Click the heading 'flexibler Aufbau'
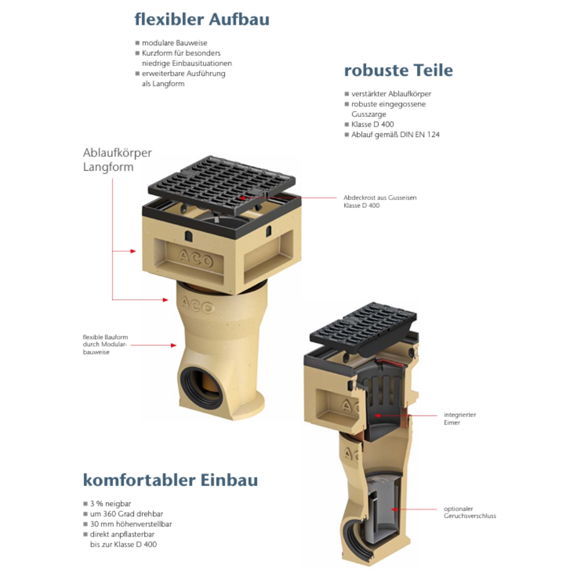click(202, 20)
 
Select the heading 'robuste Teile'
click(398, 70)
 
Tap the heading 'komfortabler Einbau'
click(171, 480)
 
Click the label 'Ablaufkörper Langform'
click(117, 160)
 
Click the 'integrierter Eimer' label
click(460, 419)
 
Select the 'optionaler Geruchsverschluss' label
click(469, 512)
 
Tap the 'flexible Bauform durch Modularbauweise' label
click(106, 344)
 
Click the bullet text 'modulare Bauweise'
click(174, 43)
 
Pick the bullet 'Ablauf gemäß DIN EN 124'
click(395, 135)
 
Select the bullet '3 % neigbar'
click(110, 503)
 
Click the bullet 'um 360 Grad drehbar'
click(126, 514)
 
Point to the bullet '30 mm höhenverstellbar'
click(131, 524)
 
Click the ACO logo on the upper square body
click(196, 258)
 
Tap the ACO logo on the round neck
click(198, 305)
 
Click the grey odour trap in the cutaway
click(383, 503)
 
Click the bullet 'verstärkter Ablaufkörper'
click(391, 94)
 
